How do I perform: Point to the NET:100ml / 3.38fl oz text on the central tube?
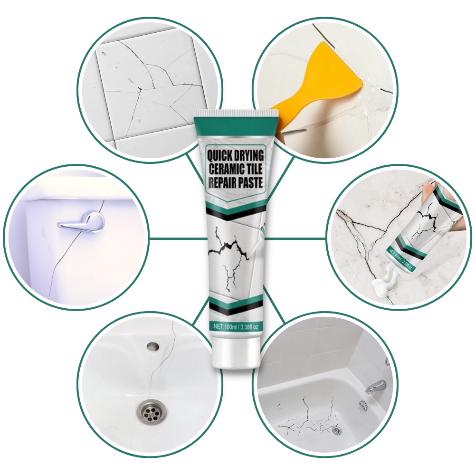(236, 327)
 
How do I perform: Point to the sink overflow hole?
(152, 347)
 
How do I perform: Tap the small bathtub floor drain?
(337, 430)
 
